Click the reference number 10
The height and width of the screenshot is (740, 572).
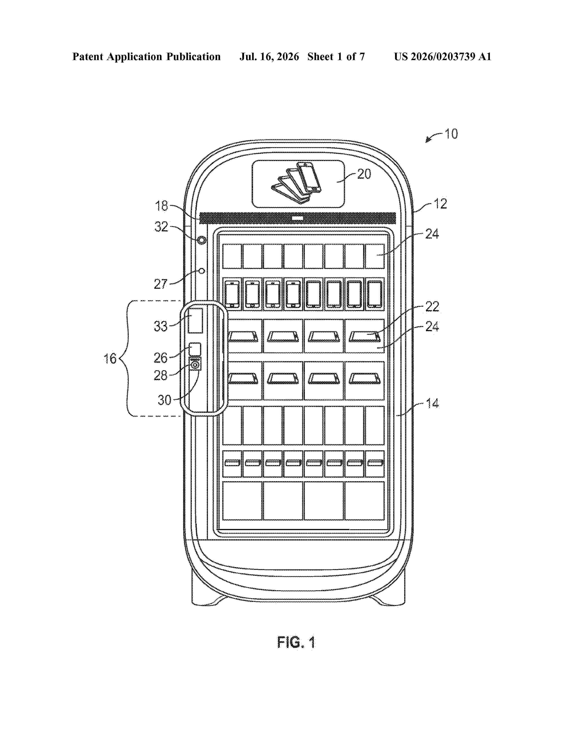pos(451,134)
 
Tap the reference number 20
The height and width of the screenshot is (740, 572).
pos(364,174)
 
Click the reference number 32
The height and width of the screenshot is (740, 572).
pos(161,227)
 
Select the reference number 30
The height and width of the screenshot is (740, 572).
pos(164,400)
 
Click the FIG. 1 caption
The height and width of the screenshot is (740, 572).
pos(296,642)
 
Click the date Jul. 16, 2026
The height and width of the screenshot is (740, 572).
pos(269,57)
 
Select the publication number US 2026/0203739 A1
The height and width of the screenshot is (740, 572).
pos(443,57)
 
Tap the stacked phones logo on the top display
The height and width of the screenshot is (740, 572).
pos(296,183)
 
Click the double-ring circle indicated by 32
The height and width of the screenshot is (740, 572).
pos(202,240)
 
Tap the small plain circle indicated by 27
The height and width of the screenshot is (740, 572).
pos(202,271)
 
